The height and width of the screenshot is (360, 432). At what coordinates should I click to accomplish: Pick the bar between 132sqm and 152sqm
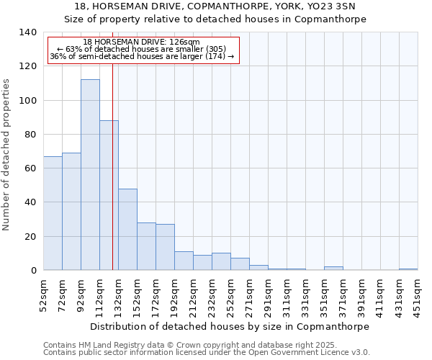click(127, 230)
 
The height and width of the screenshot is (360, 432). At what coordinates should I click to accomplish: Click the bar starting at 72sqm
click(71, 212)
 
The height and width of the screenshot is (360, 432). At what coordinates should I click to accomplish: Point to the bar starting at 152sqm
click(146, 246)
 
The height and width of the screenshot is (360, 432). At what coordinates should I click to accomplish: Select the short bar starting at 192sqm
click(184, 261)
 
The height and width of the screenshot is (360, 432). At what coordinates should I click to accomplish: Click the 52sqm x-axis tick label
click(43, 295)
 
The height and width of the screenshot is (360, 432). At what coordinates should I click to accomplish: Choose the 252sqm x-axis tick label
click(230, 295)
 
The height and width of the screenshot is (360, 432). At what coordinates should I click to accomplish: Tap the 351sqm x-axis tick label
click(324, 295)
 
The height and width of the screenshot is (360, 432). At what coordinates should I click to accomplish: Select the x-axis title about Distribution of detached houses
click(230, 326)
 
